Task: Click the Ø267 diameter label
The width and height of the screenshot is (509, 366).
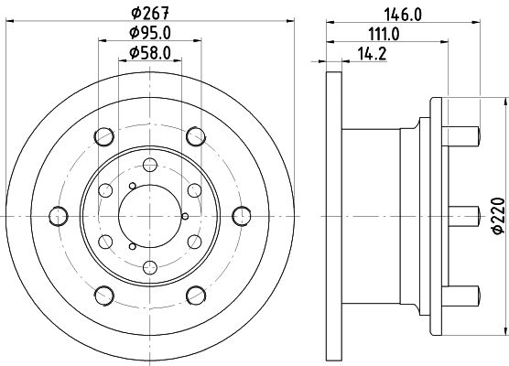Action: (150, 13)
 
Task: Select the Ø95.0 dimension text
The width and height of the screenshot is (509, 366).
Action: (150, 32)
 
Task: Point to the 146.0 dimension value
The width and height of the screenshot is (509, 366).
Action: (403, 15)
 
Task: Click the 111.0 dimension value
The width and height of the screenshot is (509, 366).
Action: (384, 34)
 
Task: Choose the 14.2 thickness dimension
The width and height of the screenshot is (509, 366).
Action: (372, 54)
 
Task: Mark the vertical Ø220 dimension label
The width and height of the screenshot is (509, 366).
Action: (499, 215)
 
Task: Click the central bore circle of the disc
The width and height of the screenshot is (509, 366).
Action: (150, 216)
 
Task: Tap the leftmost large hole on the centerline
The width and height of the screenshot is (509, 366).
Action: (59, 216)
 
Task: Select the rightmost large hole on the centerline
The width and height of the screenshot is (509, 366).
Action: (242, 216)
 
